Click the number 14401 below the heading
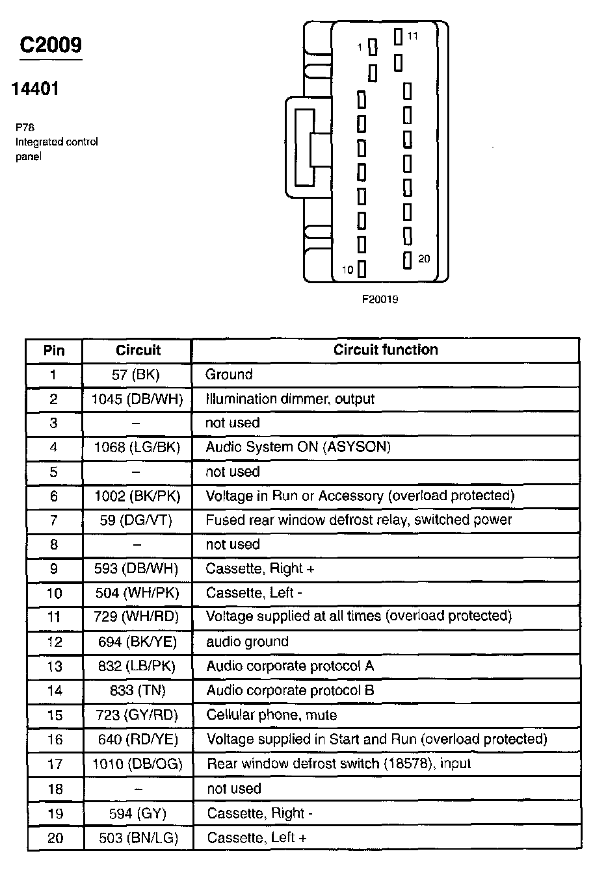[x=35, y=89]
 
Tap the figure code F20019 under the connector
[x=380, y=299]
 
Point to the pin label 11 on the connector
[x=413, y=36]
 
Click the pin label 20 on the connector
[x=424, y=259]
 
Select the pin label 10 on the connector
[x=348, y=270]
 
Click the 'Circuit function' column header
[x=386, y=349]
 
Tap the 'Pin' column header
[x=54, y=351]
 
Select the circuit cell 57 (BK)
[x=136, y=374]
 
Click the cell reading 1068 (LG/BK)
[x=137, y=447]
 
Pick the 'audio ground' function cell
[x=247, y=642]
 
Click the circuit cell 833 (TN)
[x=137, y=690]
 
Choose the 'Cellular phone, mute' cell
[x=271, y=715]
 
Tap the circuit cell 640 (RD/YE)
[x=137, y=739]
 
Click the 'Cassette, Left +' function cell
[x=256, y=837]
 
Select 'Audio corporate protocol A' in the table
[x=290, y=666]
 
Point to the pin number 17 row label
[x=55, y=764]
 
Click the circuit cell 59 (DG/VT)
[x=137, y=520]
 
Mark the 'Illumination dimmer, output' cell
[x=290, y=399]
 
